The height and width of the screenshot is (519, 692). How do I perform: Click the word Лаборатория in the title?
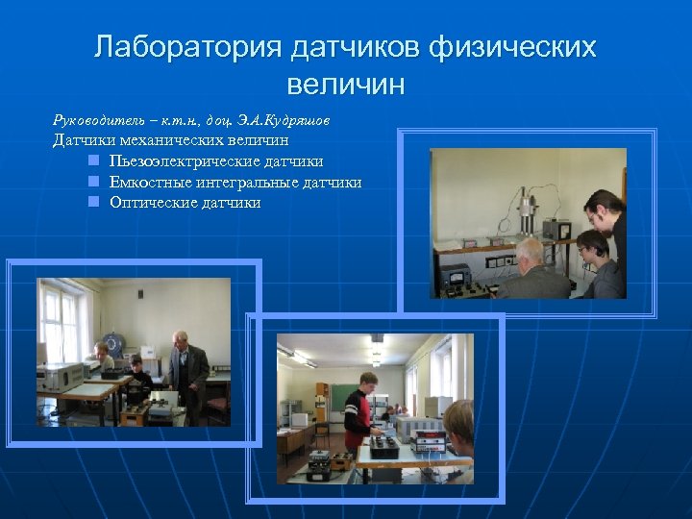click(184, 48)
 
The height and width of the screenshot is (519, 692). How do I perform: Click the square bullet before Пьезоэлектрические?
click(94, 161)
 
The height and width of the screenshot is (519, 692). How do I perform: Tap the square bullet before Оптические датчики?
click(94, 203)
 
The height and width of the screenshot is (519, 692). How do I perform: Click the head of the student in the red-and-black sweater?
click(367, 382)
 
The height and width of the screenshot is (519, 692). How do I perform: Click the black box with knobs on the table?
click(384, 445)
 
